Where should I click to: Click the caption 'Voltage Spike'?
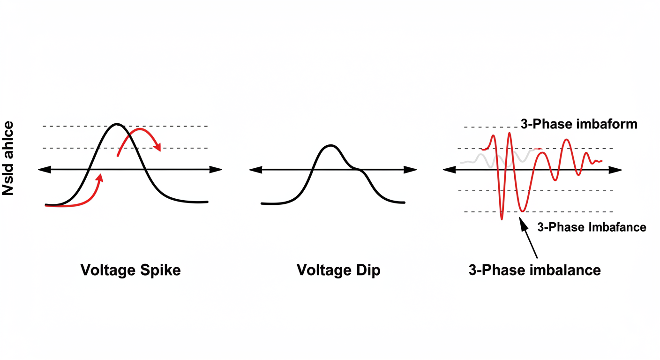130,270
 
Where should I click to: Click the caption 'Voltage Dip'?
338,270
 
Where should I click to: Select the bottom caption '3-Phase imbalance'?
534,270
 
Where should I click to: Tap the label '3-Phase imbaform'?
578,124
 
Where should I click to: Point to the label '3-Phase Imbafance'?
592,227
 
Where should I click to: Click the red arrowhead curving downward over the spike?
158,147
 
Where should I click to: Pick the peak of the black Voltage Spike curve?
117,124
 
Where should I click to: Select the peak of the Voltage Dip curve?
330,146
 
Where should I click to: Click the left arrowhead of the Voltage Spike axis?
43,170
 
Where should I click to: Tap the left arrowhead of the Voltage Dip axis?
255,170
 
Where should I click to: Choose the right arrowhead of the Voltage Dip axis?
412,170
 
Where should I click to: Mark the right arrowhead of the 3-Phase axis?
617,170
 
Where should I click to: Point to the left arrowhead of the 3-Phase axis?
449,170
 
